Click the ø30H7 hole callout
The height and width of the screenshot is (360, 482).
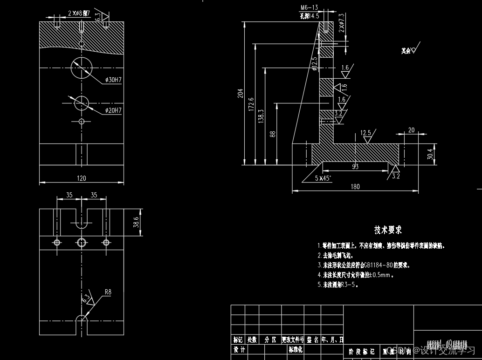click(112, 81)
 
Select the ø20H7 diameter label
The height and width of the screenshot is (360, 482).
click(112, 110)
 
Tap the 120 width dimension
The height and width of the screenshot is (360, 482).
click(81, 178)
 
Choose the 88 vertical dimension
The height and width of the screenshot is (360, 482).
click(273, 134)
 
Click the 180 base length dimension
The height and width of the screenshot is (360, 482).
click(355, 187)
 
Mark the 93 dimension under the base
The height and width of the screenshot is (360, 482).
click(355, 166)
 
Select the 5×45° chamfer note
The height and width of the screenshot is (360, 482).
click(322, 178)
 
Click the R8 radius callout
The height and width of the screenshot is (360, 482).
click(108, 292)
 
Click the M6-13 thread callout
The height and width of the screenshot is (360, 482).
click(309, 8)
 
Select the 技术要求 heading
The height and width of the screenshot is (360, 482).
click(388, 230)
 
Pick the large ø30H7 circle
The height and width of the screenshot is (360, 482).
click(82, 68)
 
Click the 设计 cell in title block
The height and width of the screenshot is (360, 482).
click(239, 349)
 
